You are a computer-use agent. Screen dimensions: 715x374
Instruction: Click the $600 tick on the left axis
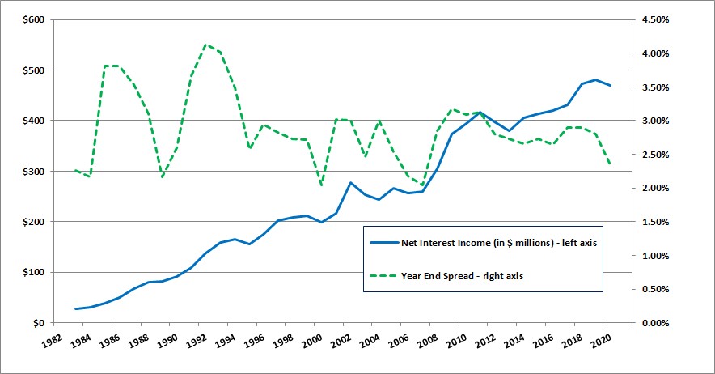pyautogui.click(x=33, y=20)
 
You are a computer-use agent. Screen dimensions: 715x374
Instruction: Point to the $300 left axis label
pyautogui.click(x=33, y=172)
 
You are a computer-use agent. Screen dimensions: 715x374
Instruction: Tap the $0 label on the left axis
pyautogui.click(x=37, y=323)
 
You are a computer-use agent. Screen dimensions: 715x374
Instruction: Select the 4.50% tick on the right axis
pyautogui.click(x=656, y=20)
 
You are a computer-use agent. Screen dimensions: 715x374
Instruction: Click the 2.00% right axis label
pyautogui.click(x=656, y=188)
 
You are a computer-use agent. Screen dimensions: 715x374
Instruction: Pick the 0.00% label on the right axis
pyautogui.click(x=656, y=323)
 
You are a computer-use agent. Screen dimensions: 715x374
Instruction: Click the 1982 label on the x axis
pyautogui.click(x=51, y=341)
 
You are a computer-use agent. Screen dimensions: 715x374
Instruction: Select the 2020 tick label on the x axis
pyautogui.click(x=601, y=341)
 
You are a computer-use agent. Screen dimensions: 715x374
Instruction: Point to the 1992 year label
pyautogui.click(x=196, y=341)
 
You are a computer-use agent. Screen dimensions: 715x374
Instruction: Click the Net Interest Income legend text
pyautogui.click(x=499, y=243)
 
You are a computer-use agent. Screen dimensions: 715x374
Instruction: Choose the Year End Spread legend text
pyautogui.click(x=462, y=276)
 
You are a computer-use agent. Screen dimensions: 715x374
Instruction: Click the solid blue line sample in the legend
pyautogui.click(x=383, y=243)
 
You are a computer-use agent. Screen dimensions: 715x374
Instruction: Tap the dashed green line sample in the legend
pyautogui.click(x=383, y=276)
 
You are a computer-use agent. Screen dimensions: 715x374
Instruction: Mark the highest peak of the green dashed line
pyautogui.click(x=206, y=45)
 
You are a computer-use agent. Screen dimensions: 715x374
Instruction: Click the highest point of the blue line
pyautogui.click(x=596, y=79)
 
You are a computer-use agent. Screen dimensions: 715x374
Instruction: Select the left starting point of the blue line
pyautogui.click(x=76, y=309)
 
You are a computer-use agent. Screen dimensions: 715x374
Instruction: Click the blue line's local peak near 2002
pyautogui.click(x=351, y=183)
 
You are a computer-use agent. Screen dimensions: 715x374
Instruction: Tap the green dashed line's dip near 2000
pyautogui.click(x=321, y=185)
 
